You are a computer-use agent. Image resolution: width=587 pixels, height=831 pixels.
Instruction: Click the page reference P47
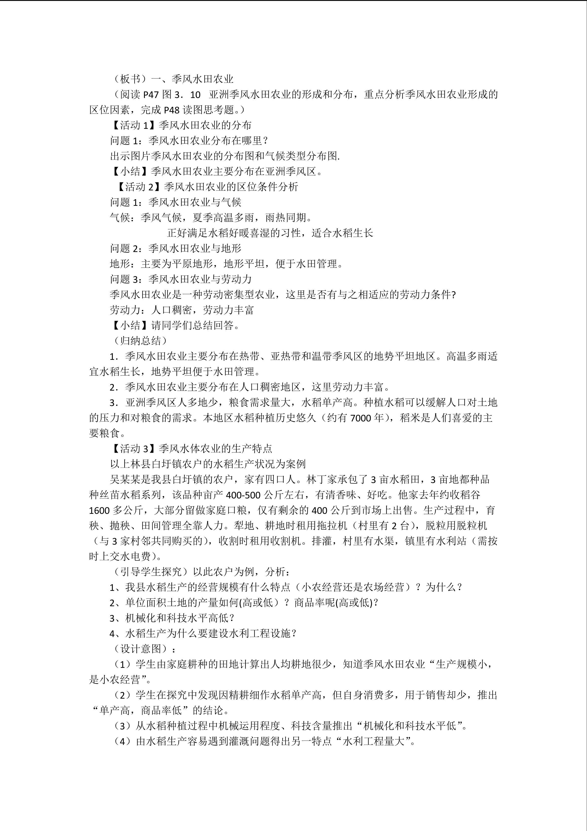pos(151,95)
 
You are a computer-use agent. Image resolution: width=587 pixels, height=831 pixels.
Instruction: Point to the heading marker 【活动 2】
pos(136,187)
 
